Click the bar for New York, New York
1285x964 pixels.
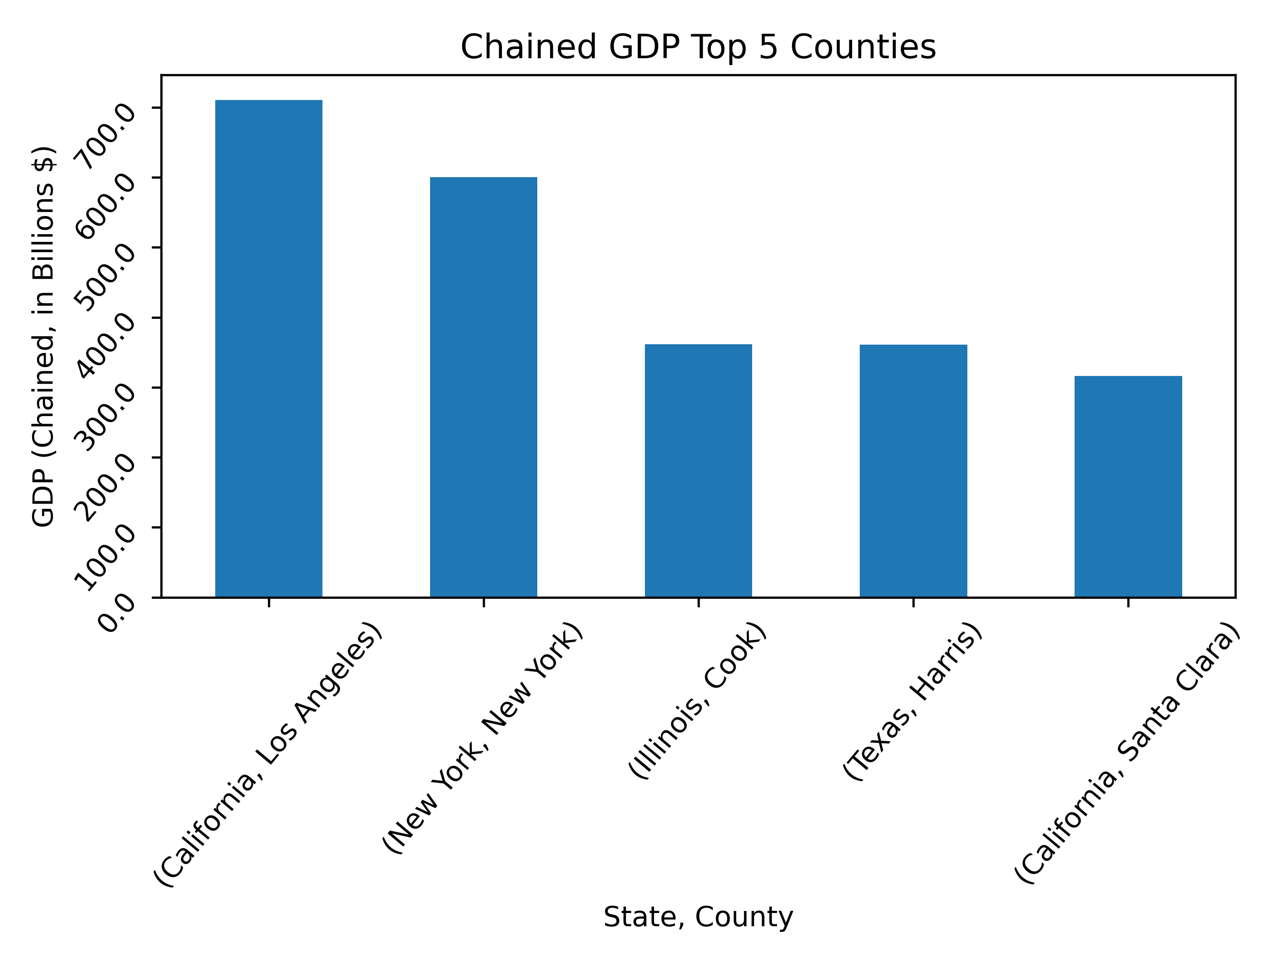[x=483, y=387]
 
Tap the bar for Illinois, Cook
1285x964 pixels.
[x=698, y=471]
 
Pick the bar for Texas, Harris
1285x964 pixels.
[x=913, y=471]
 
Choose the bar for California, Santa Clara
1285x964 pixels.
[x=1128, y=486]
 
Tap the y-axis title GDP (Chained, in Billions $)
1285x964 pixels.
[x=43, y=337]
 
